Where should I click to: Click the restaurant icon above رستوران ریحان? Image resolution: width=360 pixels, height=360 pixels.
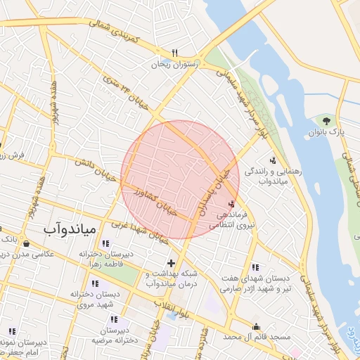[x=174, y=53]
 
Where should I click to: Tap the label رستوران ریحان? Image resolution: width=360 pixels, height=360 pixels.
[x=174, y=64]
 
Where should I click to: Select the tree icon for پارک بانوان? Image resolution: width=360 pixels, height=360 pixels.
[x=325, y=121]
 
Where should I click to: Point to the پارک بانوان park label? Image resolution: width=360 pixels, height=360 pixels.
[x=325, y=132]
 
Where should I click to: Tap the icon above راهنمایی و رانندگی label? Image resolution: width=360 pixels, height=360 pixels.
[x=273, y=161]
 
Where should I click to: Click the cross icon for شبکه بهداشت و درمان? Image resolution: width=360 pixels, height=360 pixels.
[x=170, y=263]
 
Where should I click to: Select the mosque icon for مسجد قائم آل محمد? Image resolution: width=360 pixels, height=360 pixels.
[x=257, y=327]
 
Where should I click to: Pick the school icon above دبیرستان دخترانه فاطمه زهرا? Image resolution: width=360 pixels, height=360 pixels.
[x=105, y=243]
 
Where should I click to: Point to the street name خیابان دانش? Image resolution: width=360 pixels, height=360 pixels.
[x=91, y=167]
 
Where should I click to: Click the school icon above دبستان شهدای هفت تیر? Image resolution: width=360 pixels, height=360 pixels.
[x=255, y=267]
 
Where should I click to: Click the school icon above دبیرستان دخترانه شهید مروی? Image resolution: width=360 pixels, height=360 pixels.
[x=95, y=283]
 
